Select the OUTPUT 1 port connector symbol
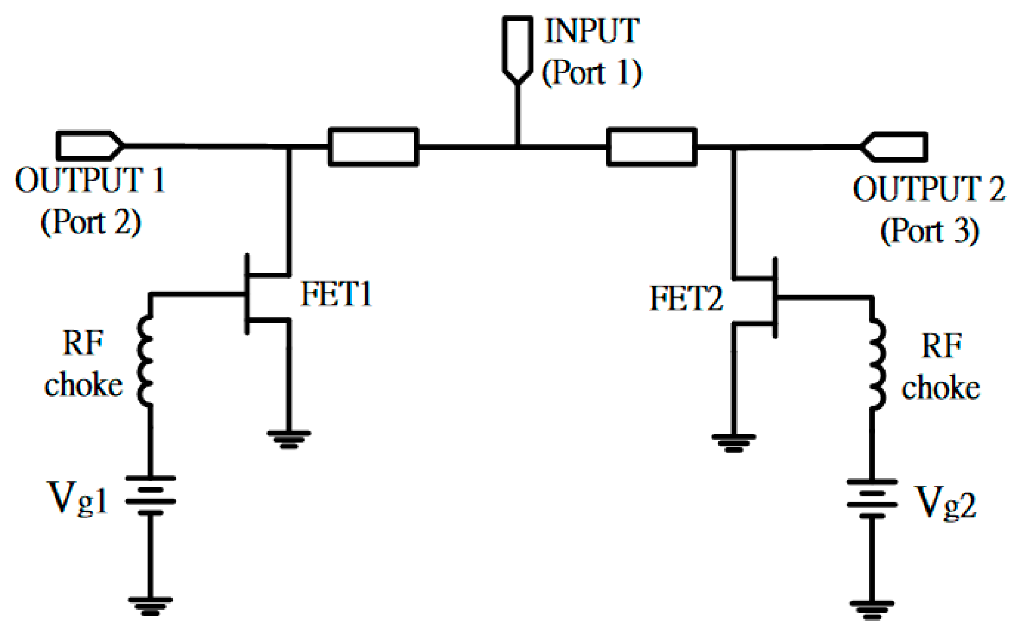pos(89,146)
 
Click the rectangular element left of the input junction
pos(373,146)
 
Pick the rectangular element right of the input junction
pos(652,146)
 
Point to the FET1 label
pos(336,294)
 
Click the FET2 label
pos(686,298)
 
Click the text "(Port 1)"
pos(592,72)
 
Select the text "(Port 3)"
pos(930,231)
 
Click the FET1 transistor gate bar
pos(247,294)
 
